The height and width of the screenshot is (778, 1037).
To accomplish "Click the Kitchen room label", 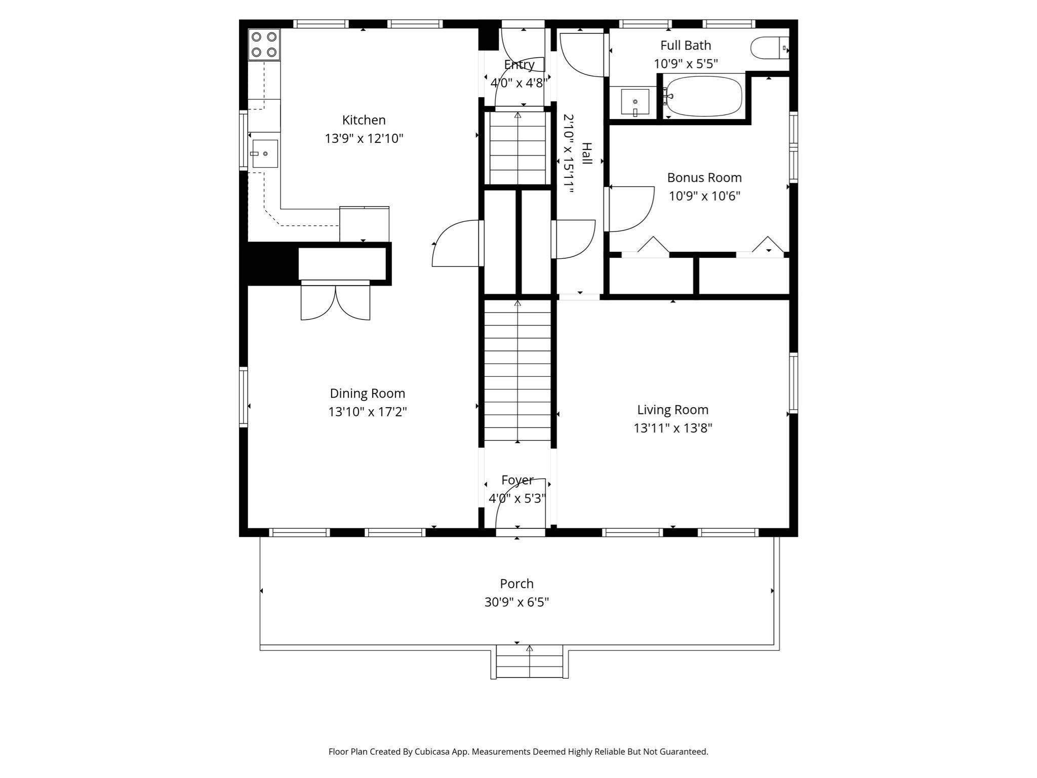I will pyautogui.click(x=364, y=120).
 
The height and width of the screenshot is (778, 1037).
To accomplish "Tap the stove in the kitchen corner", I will pyautogui.click(x=264, y=45).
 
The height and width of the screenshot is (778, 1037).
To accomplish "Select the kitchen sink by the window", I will pyautogui.click(x=265, y=153).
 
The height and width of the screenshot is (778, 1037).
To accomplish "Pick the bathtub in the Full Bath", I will pyautogui.click(x=704, y=96).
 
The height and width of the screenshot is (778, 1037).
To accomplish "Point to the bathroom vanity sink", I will pyautogui.click(x=635, y=102).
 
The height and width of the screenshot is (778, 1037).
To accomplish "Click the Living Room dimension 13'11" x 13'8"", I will pyautogui.click(x=672, y=428).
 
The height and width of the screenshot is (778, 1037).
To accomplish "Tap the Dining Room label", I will pyautogui.click(x=367, y=394).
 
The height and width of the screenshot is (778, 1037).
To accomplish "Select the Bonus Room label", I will pyautogui.click(x=704, y=178).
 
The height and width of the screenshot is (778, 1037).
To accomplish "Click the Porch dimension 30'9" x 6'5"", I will pyautogui.click(x=516, y=602).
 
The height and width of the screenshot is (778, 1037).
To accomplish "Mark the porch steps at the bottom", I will pyautogui.click(x=529, y=662).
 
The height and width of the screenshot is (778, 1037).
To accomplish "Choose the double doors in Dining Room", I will pyautogui.click(x=335, y=302).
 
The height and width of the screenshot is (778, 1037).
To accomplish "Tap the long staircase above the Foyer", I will pyautogui.click(x=517, y=370).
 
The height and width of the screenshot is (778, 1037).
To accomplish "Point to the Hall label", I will pyautogui.click(x=586, y=153).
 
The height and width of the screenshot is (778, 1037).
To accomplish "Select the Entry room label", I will pyautogui.click(x=519, y=65).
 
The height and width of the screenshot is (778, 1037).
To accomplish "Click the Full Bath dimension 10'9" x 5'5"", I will pyautogui.click(x=686, y=64).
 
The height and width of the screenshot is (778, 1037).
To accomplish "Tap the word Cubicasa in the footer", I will pyautogui.click(x=434, y=752).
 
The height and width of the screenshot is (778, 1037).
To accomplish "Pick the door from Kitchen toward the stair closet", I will pyautogui.click(x=456, y=243).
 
